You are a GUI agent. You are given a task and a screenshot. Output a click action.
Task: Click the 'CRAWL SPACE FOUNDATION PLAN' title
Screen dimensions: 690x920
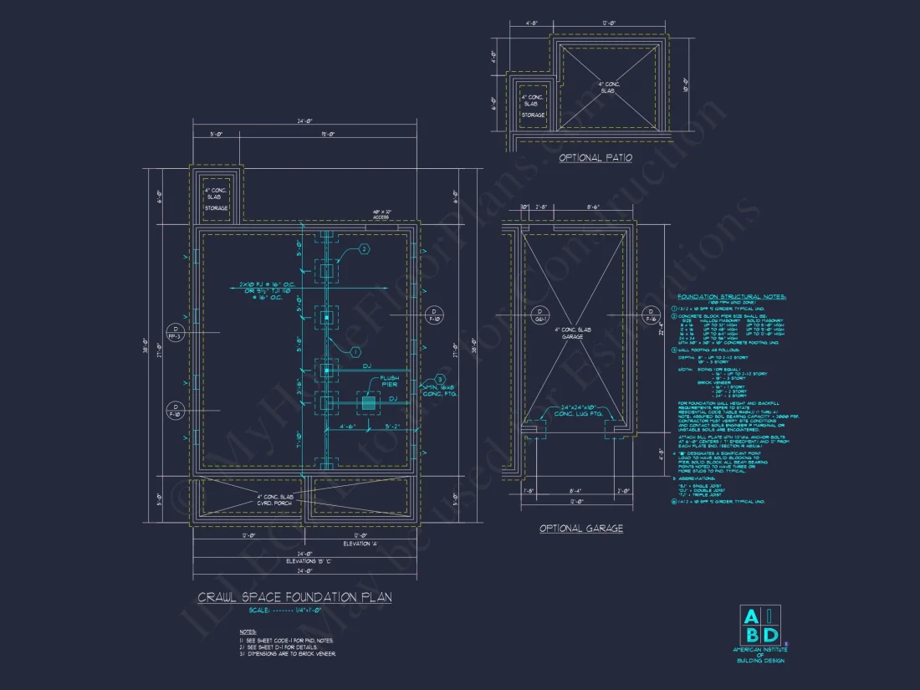click(x=294, y=597)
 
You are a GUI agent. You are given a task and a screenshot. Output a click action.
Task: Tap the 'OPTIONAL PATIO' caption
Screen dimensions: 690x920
click(x=595, y=157)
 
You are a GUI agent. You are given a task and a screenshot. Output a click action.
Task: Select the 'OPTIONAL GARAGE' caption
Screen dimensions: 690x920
click(x=580, y=528)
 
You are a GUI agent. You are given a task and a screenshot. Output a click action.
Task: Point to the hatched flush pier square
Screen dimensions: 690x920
click(x=367, y=403)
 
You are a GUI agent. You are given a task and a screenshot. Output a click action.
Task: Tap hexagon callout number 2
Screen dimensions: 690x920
click(x=364, y=250)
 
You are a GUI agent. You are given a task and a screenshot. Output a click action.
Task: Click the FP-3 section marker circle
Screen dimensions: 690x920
click(x=175, y=332)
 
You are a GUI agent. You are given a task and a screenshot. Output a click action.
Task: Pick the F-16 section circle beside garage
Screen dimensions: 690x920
click(x=651, y=315)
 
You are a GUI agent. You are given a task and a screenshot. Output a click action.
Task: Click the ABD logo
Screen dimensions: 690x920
click(x=760, y=625)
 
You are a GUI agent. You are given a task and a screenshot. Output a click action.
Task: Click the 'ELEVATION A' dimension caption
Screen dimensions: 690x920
click(x=360, y=544)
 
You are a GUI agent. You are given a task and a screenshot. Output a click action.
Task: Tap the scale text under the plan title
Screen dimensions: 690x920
click(x=294, y=611)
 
